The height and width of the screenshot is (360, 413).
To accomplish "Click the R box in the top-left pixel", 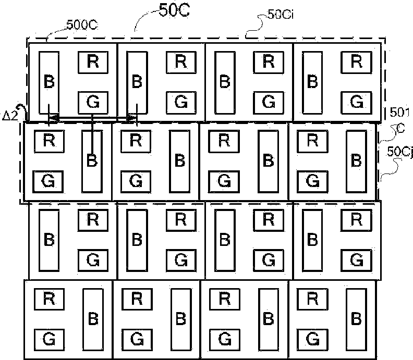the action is pos(92,61).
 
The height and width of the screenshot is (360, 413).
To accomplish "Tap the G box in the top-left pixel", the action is pos(92,101).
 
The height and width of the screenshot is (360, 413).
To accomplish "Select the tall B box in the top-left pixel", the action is pos(50,82).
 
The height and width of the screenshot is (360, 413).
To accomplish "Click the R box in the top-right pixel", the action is pos(357,61).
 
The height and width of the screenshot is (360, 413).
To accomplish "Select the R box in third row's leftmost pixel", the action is pos(92,220).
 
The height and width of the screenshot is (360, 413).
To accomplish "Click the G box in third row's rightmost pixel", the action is pos(357,259).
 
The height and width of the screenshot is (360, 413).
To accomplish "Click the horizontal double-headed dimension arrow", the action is pos(92,119).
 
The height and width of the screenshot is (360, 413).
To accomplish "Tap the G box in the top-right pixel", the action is pos(357,101).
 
